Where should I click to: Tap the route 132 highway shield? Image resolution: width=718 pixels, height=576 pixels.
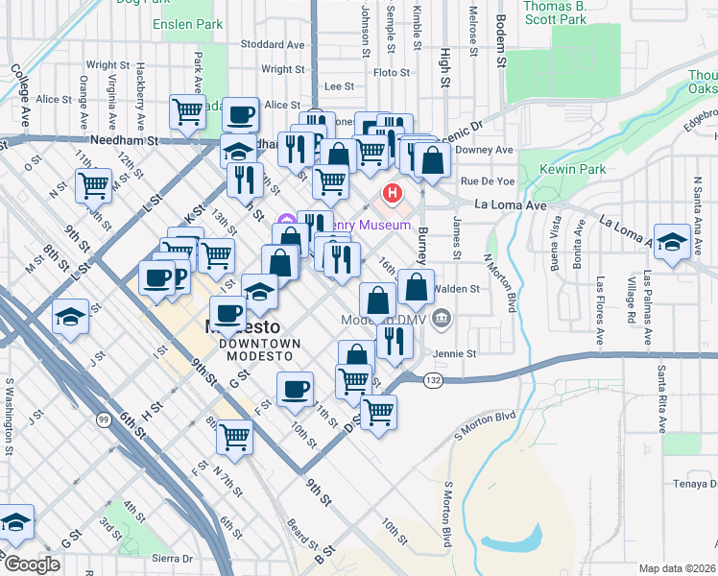tap(432, 380)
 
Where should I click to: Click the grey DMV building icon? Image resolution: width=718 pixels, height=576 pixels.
tap(442, 319)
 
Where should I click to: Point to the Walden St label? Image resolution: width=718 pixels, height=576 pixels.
tap(456, 288)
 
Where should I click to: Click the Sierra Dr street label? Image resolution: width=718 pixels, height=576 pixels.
tap(173, 558)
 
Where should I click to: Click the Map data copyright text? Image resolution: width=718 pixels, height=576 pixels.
tap(678, 568)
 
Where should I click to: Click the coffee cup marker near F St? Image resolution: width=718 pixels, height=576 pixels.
tap(295, 390)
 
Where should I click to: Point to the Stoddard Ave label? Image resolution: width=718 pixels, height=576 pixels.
tap(272, 44)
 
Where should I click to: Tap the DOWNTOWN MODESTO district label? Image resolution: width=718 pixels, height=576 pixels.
tap(259, 349)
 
